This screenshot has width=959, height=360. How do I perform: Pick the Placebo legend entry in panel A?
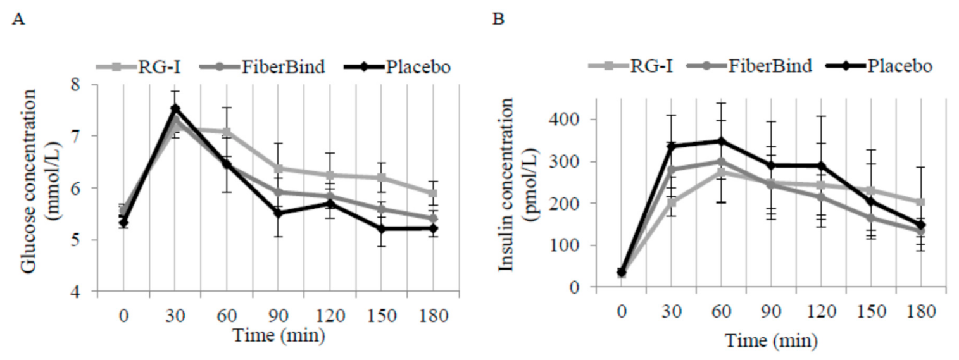tap(399, 66)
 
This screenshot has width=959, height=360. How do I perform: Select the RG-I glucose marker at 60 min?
tap(227, 132)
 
